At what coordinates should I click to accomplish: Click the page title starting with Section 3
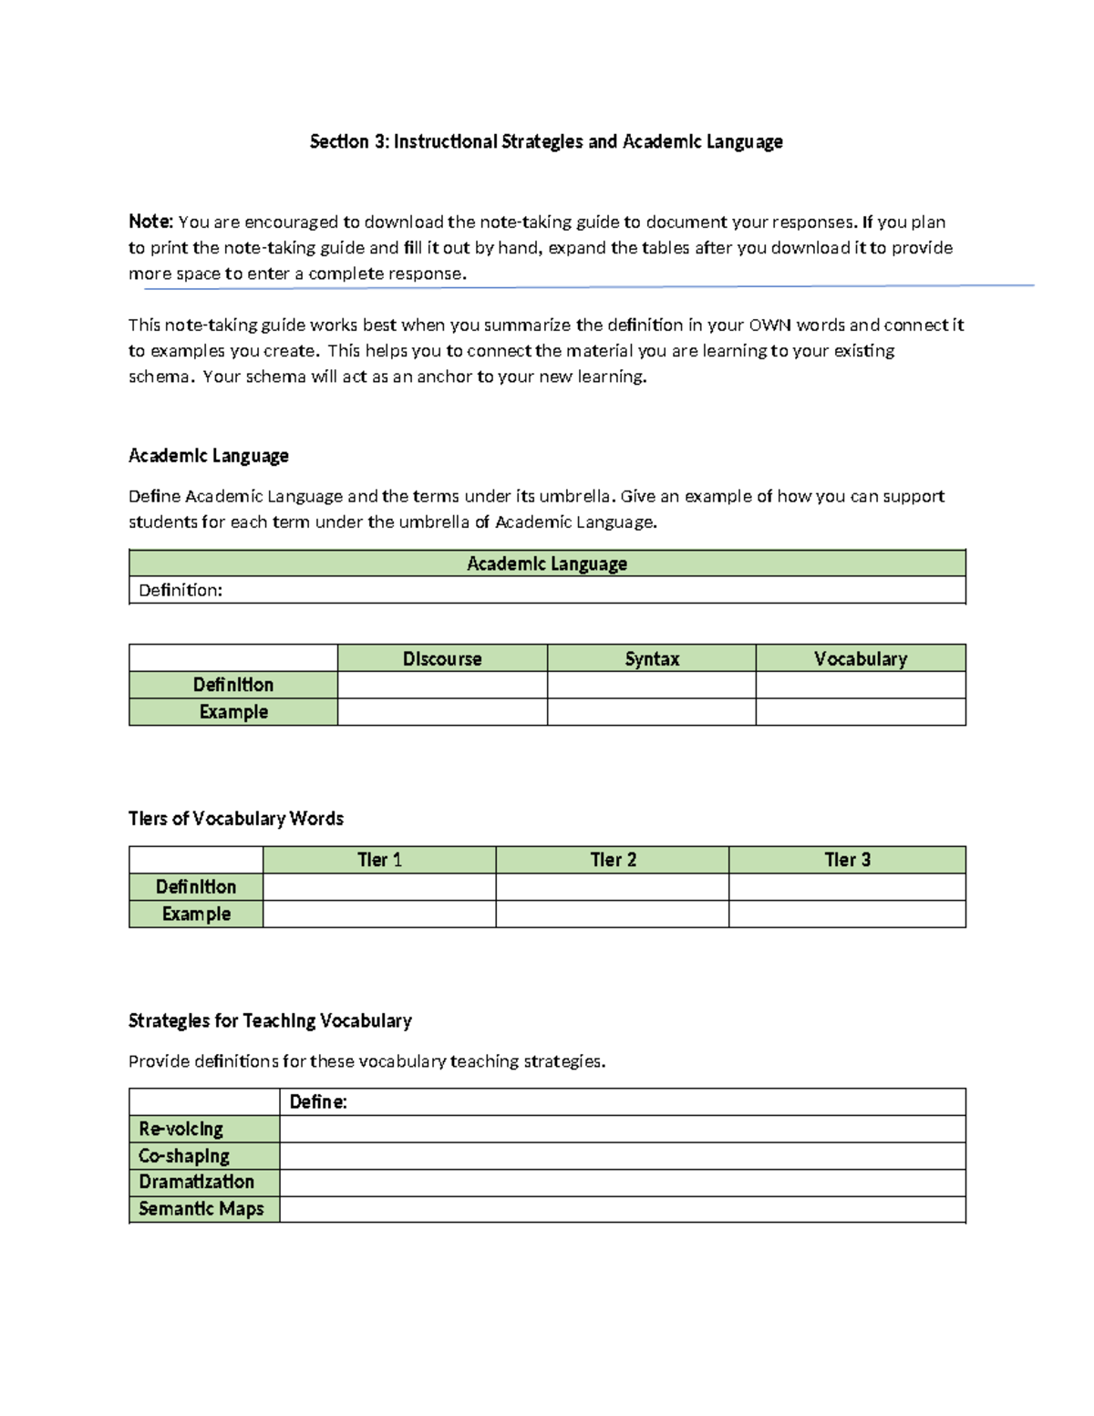click(546, 141)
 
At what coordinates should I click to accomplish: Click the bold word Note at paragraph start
click(150, 222)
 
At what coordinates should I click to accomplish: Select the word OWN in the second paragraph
click(769, 325)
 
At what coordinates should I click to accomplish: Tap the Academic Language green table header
click(547, 563)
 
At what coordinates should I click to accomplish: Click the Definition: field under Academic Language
click(547, 590)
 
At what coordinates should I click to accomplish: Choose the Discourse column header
click(442, 658)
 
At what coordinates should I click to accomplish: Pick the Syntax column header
click(652, 658)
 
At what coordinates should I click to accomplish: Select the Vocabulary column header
click(861, 658)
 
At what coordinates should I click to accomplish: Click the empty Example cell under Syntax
click(652, 712)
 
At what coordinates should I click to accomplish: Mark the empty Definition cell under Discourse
click(442, 685)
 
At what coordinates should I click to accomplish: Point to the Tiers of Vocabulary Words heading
click(236, 818)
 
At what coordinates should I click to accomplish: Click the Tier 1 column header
click(379, 860)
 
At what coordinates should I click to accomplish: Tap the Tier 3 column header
click(847, 860)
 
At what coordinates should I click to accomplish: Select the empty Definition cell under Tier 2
click(613, 887)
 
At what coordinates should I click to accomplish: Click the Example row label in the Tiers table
click(196, 914)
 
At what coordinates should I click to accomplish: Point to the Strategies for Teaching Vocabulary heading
click(270, 1020)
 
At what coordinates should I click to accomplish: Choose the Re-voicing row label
click(181, 1129)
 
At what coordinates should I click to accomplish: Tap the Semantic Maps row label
click(201, 1209)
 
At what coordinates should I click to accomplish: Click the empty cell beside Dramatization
click(622, 1183)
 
